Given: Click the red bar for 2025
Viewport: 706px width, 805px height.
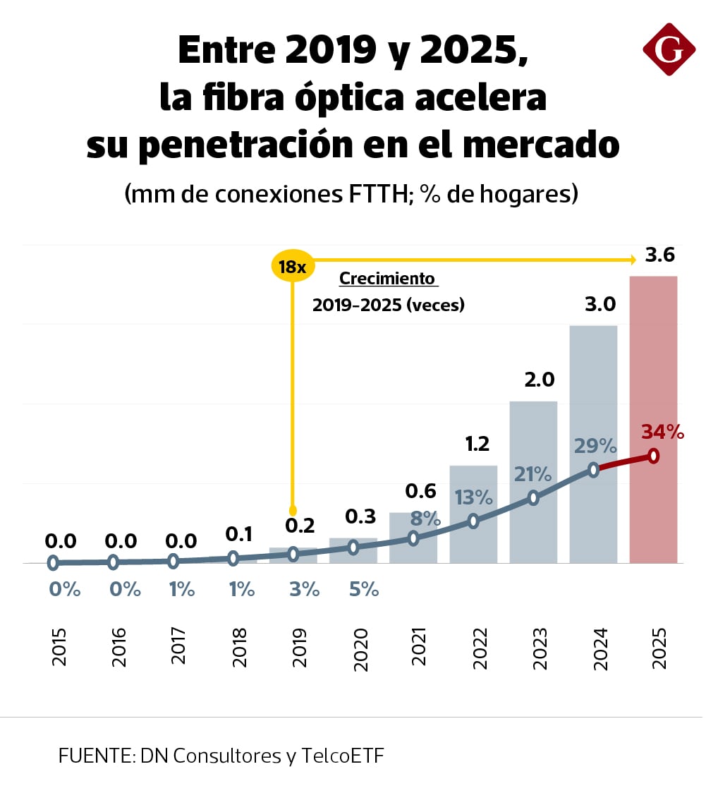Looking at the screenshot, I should [x=653, y=367].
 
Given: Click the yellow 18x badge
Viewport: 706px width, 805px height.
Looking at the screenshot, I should [x=292, y=267].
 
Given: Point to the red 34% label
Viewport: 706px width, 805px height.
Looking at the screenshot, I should [x=662, y=432].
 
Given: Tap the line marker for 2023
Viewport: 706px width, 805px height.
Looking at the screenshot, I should [x=533, y=497].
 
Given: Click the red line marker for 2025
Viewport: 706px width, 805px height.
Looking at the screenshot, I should [x=654, y=456].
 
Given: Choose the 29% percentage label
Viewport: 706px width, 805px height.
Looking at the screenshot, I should [x=595, y=446].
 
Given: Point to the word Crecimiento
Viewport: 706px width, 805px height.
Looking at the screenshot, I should [x=387, y=278].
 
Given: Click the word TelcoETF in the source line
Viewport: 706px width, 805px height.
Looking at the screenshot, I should [x=343, y=756].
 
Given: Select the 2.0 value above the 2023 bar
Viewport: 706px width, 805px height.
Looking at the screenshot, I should [x=539, y=380].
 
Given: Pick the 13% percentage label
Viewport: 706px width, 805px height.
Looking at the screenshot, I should [x=474, y=497].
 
